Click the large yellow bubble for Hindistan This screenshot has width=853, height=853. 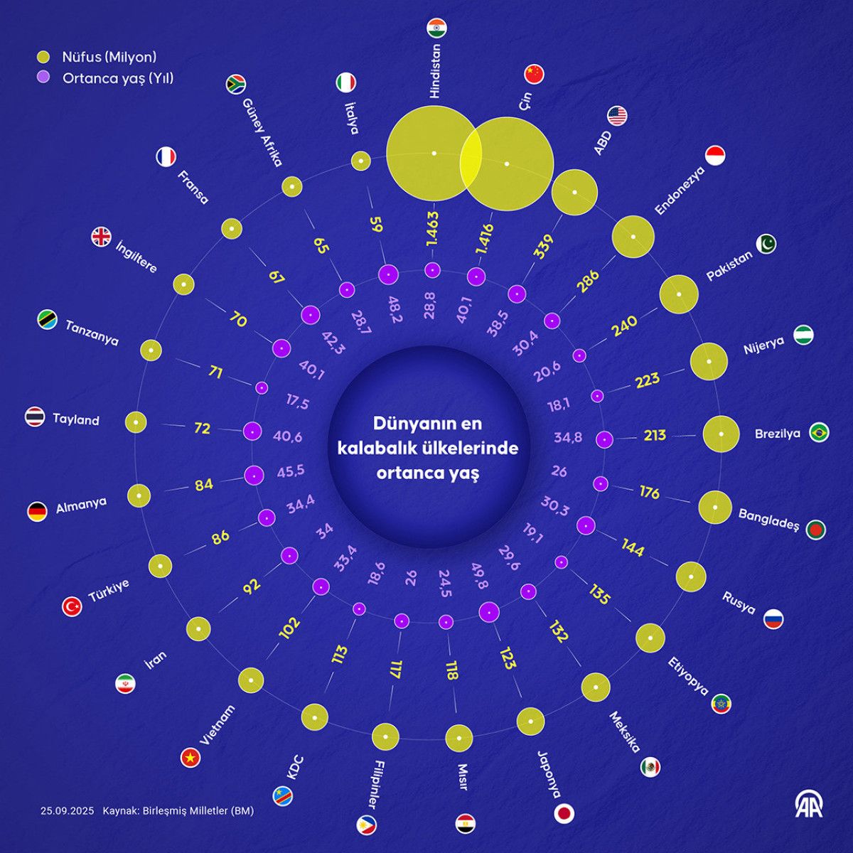[x=426, y=153]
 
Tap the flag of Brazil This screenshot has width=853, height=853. [x=819, y=432]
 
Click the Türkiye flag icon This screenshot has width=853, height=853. [x=72, y=606]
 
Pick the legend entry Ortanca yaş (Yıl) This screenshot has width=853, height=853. [x=117, y=77]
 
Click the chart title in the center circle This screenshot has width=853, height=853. [x=427, y=448]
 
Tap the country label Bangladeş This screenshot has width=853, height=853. [x=769, y=519]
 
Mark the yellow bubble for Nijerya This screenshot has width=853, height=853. [x=709, y=361]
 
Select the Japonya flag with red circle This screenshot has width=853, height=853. [x=564, y=813]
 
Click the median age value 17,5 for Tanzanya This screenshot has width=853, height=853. [x=298, y=403]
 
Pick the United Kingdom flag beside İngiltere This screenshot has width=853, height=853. [x=102, y=237]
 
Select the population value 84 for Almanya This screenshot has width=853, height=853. [x=204, y=485]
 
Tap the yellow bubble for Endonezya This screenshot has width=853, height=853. [x=633, y=236]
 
